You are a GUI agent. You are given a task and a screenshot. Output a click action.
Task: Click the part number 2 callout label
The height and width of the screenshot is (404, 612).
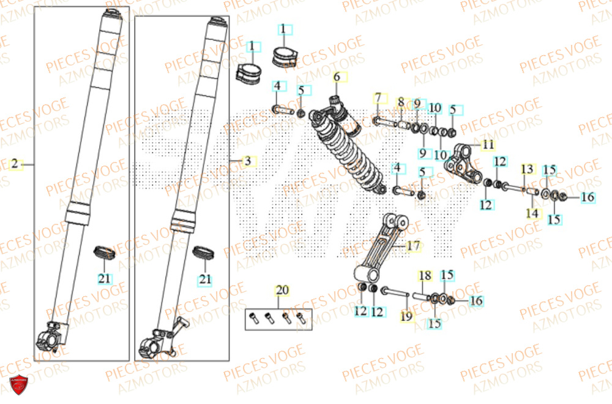click(x=14, y=164)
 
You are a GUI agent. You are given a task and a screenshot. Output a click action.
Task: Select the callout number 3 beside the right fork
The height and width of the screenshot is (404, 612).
click(x=247, y=161)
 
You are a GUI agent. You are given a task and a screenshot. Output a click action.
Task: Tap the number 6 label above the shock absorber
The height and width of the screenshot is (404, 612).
click(x=336, y=77)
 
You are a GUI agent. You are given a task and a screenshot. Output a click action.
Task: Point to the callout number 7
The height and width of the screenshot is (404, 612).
click(x=378, y=98)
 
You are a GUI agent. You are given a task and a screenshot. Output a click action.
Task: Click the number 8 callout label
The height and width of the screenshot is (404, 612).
click(x=401, y=102)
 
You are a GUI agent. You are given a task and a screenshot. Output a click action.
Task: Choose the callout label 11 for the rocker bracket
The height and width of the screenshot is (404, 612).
click(x=487, y=145)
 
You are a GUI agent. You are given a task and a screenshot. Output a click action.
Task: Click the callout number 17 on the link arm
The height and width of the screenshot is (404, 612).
click(x=413, y=246)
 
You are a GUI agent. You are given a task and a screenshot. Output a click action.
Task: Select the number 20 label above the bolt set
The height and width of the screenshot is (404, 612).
click(x=282, y=290)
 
